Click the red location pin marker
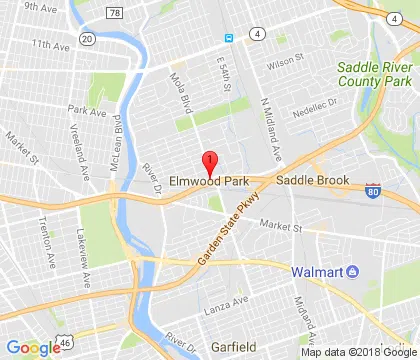click(209, 163)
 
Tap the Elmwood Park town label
click(208, 181)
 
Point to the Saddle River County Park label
click(375, 73)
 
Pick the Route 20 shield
click(87, 38)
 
